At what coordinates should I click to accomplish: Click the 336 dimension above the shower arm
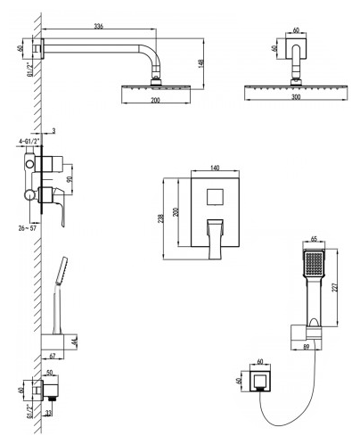click(99, 26)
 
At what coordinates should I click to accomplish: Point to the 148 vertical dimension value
click(201, 63)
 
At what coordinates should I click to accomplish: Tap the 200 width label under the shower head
click(155, 100)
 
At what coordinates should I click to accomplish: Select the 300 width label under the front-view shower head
click(296, 97)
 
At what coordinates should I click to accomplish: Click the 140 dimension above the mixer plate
click(215, 168)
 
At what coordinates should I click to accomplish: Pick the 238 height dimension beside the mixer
click(160, 218)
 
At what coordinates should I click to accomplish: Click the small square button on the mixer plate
click(215, 196)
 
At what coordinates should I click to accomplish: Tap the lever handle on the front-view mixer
click(216, 239)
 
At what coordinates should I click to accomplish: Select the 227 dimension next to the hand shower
click(334, 288)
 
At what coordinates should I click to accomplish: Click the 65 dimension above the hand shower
click(314, 239)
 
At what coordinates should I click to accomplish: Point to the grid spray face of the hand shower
click(314, 263)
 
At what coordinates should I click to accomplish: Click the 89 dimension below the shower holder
click(307, 347)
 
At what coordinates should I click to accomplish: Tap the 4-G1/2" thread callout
click(28, 142)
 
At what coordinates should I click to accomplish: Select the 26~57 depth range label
click(28, 228)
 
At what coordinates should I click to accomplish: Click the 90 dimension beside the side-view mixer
click(70, 179)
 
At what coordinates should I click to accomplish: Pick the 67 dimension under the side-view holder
click(53, 356)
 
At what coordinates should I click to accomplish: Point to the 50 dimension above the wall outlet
click(49, 373)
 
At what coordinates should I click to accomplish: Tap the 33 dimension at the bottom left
click(49, 413)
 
